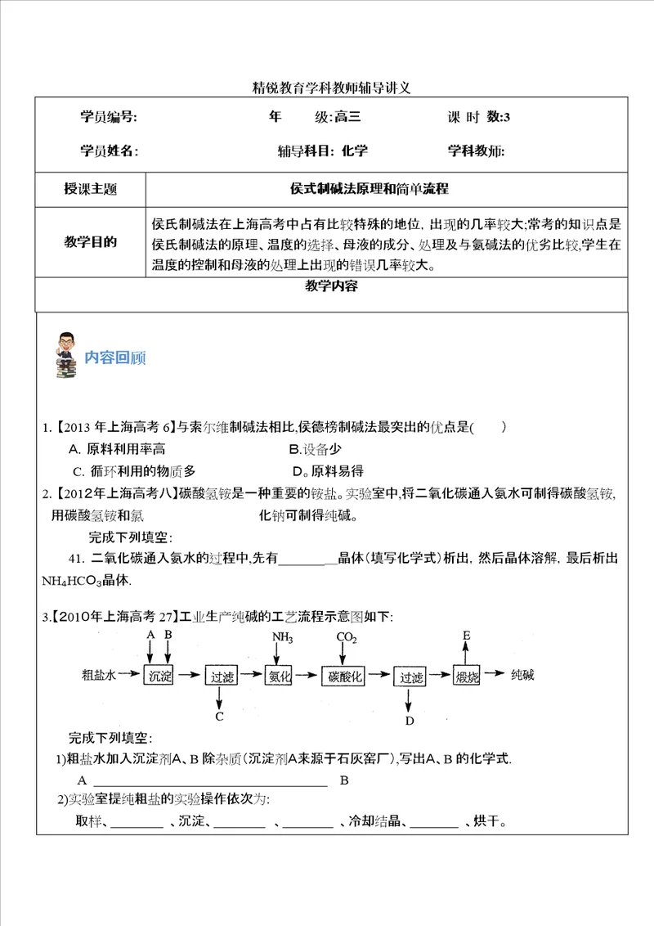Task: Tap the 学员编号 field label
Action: [109, 117]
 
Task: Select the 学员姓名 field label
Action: [109, 151]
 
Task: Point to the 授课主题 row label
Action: [90, 189]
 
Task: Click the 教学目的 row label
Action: [90, 242]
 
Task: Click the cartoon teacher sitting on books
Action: [65, 354]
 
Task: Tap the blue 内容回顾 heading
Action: [115, 357]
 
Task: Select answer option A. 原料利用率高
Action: [117, 448]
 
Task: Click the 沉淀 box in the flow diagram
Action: [159, 676]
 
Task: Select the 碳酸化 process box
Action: [344, 676]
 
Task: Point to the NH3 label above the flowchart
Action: [281, 637]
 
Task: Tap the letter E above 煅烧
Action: [466, 635]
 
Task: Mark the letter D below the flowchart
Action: [410, 720]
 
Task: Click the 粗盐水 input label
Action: [101, 676]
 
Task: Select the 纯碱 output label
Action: [522, 675]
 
